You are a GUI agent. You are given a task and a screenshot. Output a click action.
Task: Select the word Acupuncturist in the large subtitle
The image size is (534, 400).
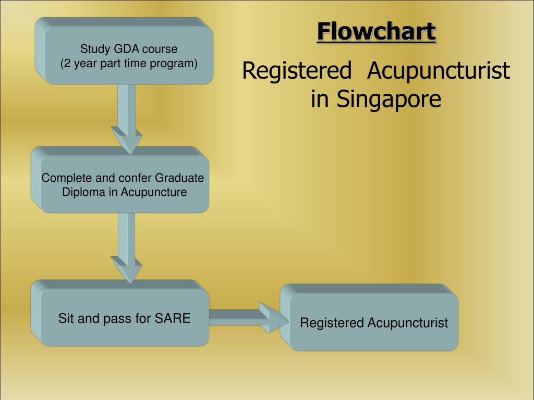pos(438,71)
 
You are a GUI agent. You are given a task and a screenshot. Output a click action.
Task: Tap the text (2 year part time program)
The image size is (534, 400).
pos(129,64)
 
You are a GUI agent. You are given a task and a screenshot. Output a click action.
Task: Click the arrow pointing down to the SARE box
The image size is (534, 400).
pos(126,247)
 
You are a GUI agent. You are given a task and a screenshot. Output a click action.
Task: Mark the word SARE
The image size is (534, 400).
pos(173,318)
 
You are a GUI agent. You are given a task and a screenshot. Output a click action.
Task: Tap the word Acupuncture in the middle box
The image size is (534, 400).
pos(154,192)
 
